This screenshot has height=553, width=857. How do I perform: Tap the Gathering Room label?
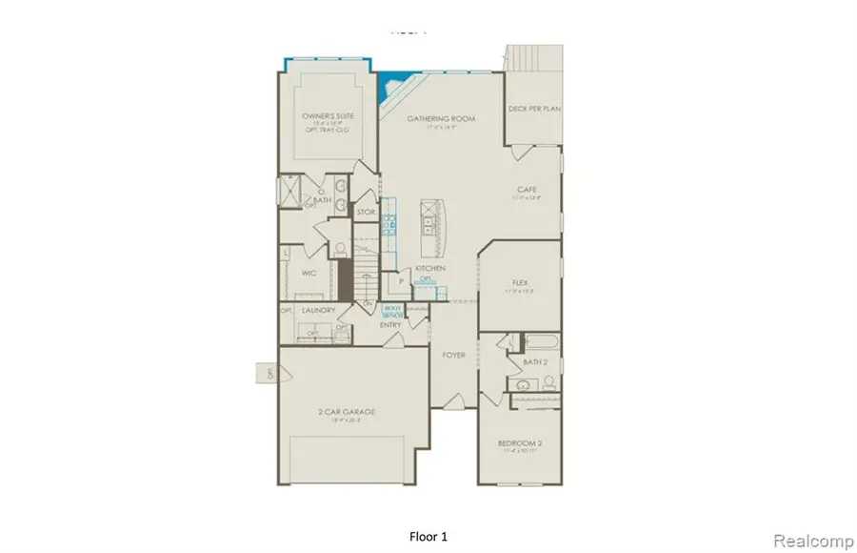(441, 119)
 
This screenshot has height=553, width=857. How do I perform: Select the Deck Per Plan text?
(533, 110)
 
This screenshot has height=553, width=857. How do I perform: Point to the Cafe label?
(528, 190)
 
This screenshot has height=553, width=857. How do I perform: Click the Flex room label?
(520, 283)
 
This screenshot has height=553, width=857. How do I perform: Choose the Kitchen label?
(430, 269)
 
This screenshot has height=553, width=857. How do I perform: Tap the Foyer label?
(453, 355)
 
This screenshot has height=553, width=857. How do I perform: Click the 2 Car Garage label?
(347, 412)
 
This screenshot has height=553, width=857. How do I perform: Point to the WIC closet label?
(309, 273)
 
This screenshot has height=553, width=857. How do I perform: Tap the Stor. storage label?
(365, 211)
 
